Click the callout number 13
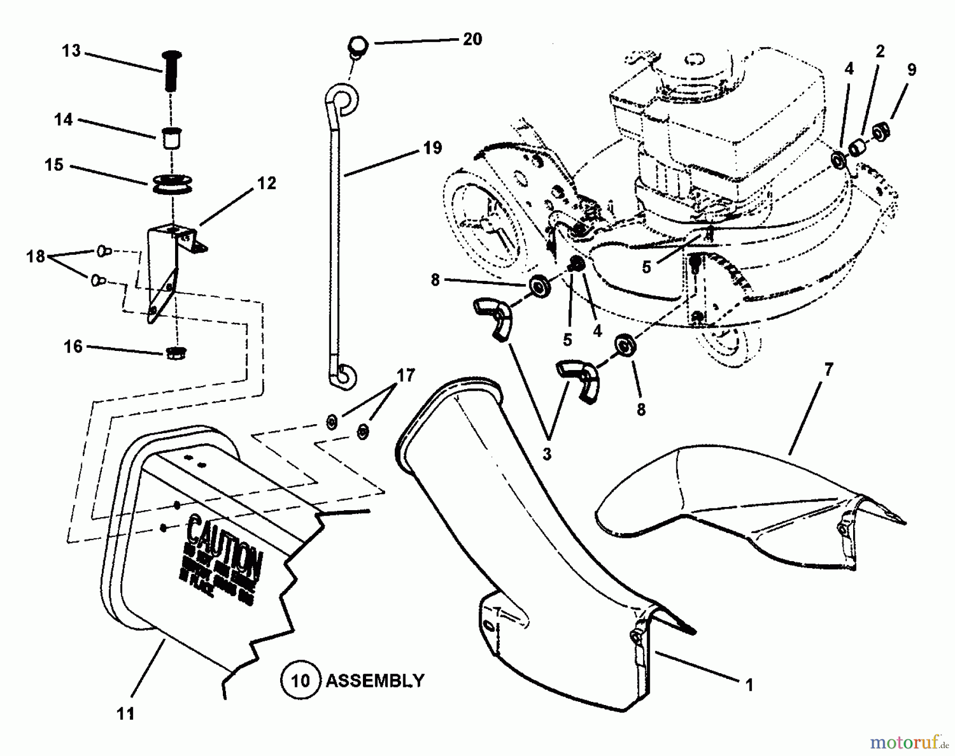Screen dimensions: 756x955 point(71,51)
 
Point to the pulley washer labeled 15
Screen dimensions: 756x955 point(171,183)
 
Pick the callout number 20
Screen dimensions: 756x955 point(472,39)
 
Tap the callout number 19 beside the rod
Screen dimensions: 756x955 point(433,148)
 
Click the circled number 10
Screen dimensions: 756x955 point(301,680)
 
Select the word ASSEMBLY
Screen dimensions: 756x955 point(375,681)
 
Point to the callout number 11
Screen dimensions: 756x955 point(126,714)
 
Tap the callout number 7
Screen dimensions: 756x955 point(829,370)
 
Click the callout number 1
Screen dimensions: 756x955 point(749,686)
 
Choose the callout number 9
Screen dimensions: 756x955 point(911,70)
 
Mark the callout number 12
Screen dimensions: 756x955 point(267,183)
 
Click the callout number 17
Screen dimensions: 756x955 point(406,376)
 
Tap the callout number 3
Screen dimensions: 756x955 point(547,454)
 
